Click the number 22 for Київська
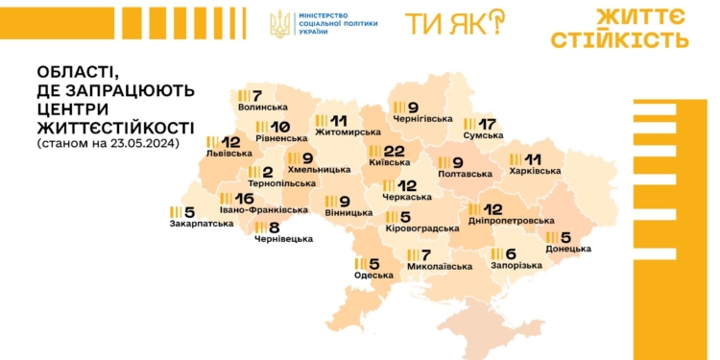point(395,152)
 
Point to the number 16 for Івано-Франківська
point(243,198)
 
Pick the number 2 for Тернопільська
point(269,172)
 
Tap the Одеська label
point(373,276)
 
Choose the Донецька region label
point(568,250)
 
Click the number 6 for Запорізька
point(510,254)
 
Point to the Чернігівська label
point(422,119)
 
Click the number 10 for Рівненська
point(279,128)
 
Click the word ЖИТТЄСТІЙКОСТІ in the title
point(114,127)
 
